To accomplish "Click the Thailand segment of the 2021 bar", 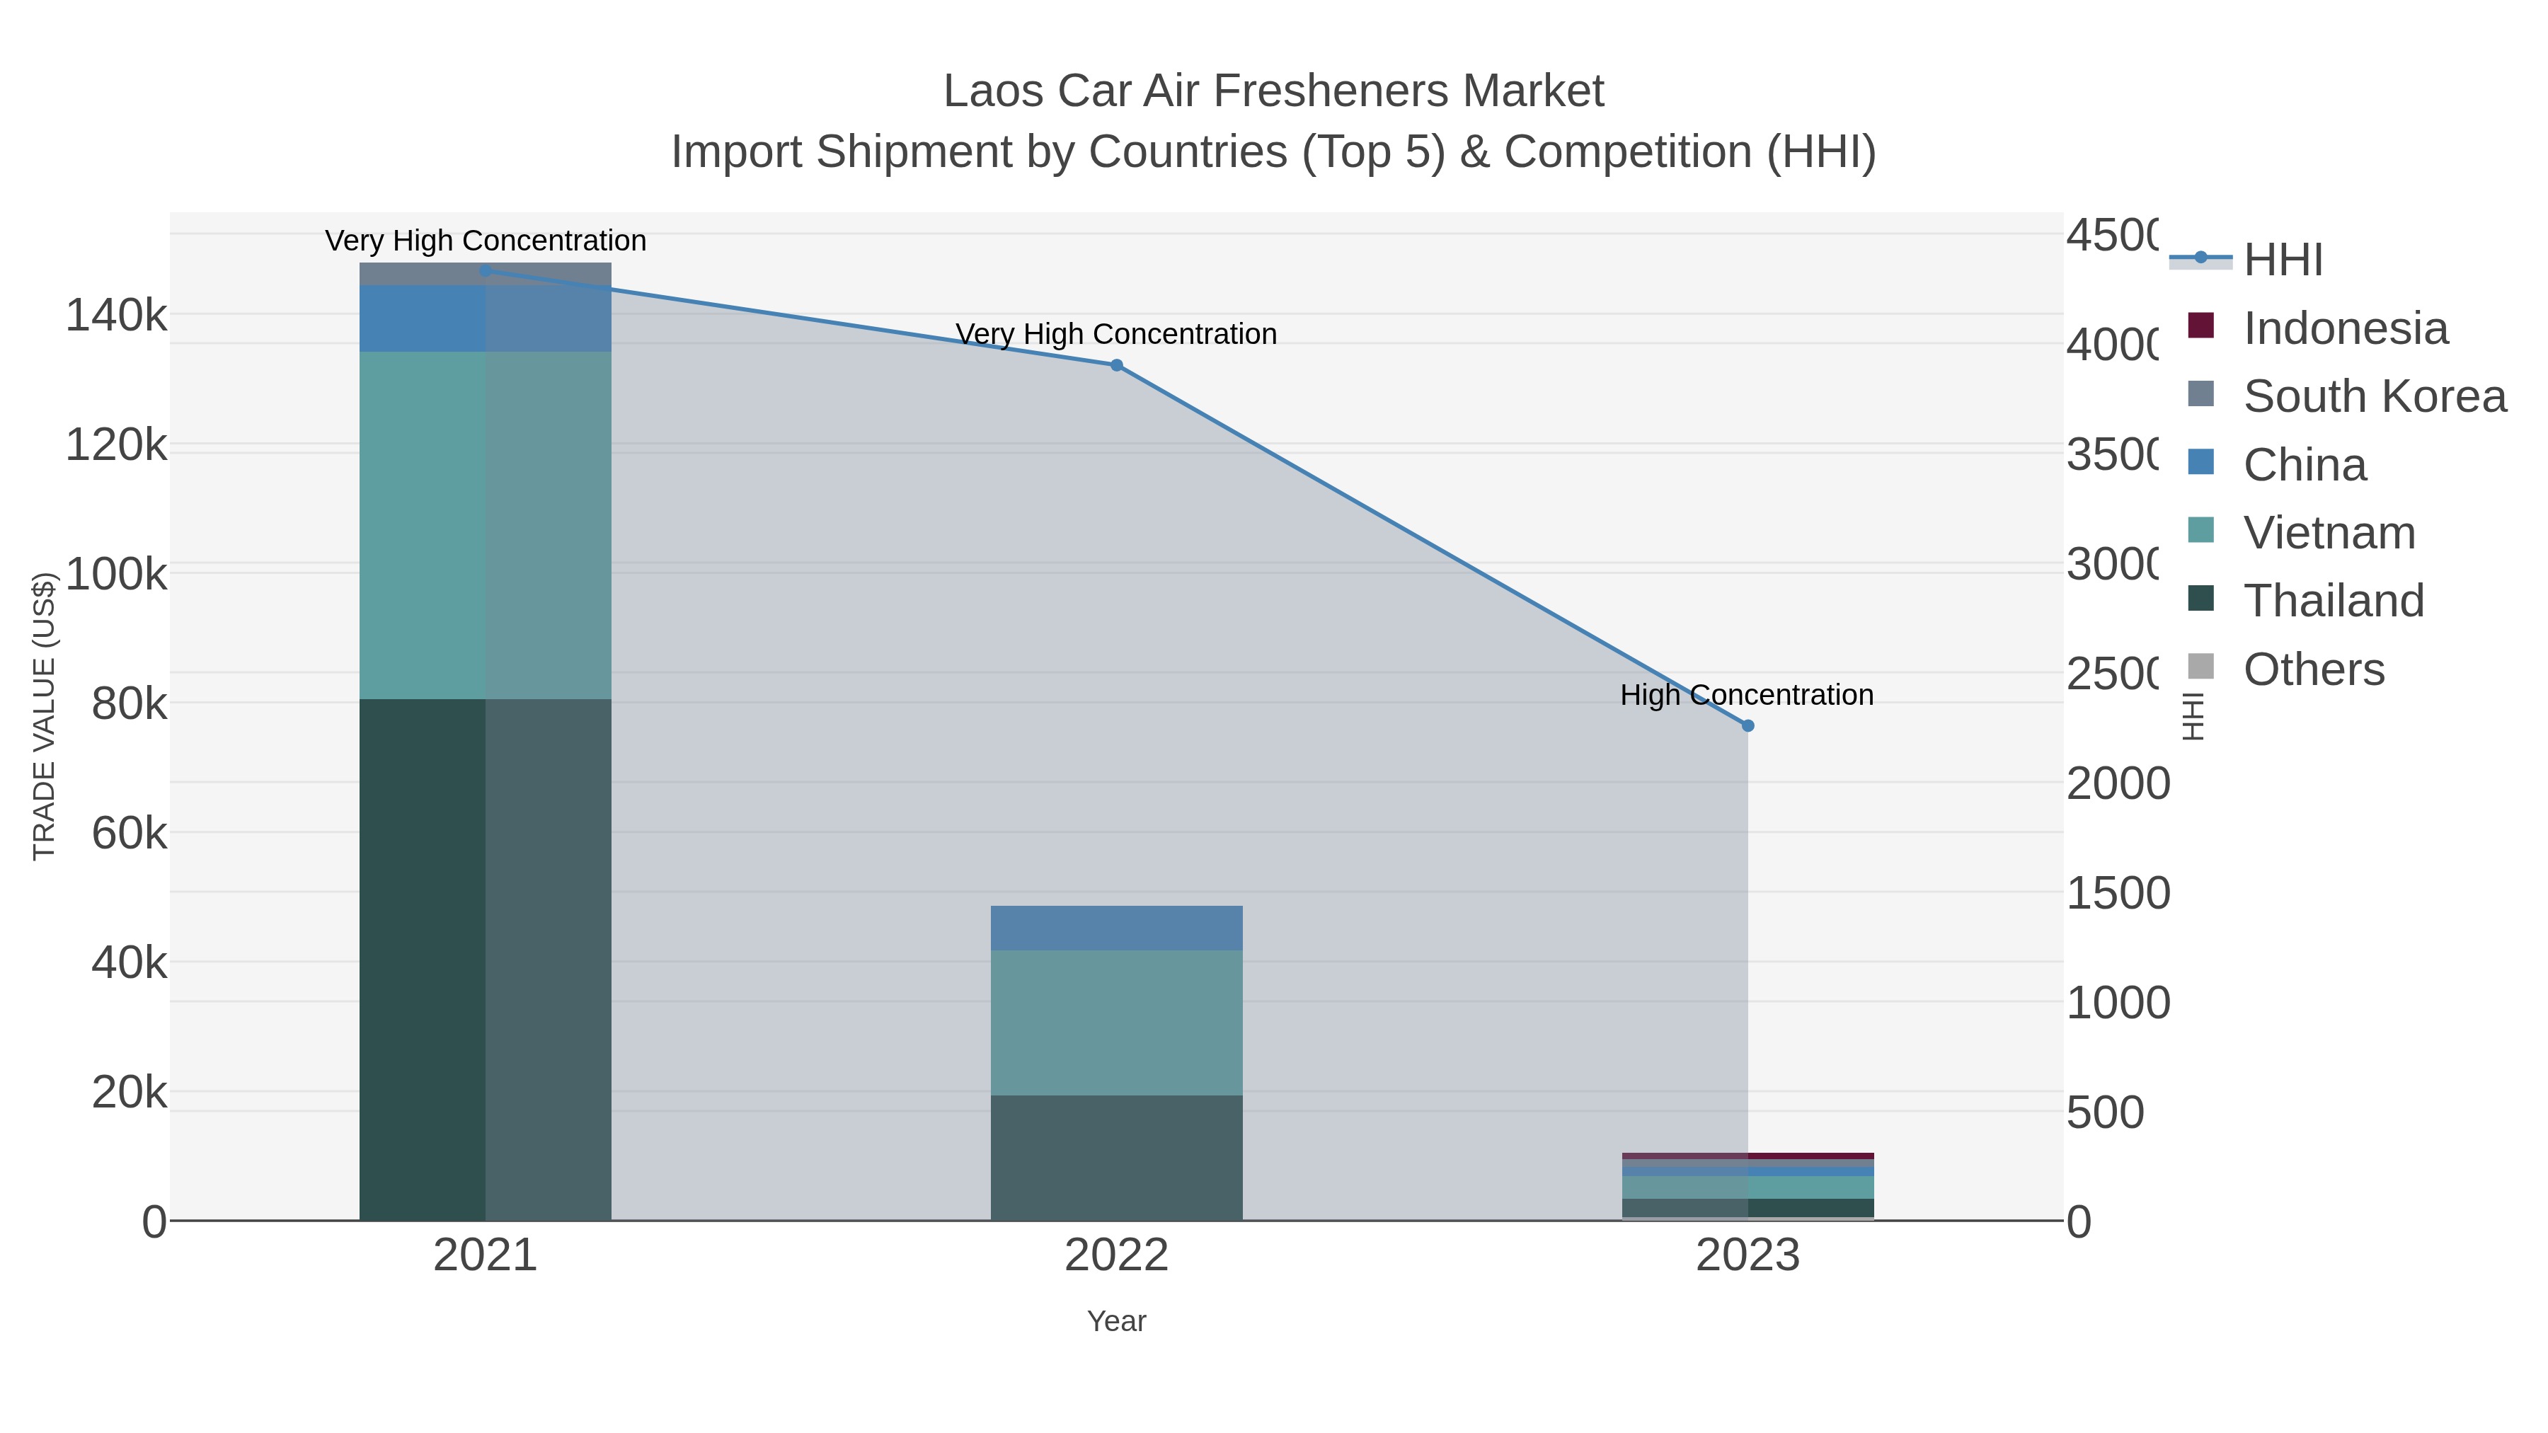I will (x=485, y=960).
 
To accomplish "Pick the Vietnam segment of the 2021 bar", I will (x=485, y=525).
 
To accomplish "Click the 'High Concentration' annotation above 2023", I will (x=1746, y=695).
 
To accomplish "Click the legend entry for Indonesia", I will (x=2344, y=328).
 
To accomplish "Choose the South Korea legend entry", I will (x=2374, y=396).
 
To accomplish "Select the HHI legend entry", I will (x=2282, y=260).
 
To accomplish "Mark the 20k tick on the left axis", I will (x=129, y=1092).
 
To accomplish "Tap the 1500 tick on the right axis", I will (x=2117, y=893).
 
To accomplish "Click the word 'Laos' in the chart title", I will (x=992, y=91).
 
